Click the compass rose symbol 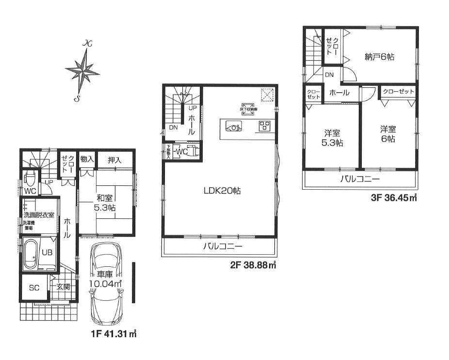tap(82, 71)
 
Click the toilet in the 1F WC tap(30, 180)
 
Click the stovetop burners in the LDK tap(265, 126)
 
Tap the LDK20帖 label tap(222, 191)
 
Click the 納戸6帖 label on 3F tap(380, 57)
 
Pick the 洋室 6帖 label tap(387, 134)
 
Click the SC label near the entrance tap(34, 288)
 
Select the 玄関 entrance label tap(64, 287)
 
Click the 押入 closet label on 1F tap(114, 160)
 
